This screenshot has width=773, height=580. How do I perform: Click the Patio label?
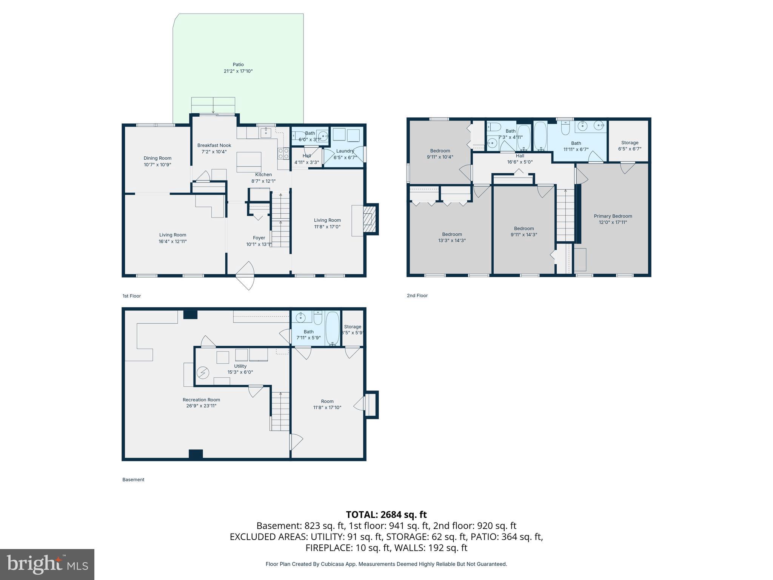238,65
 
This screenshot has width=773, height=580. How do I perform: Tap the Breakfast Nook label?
214,145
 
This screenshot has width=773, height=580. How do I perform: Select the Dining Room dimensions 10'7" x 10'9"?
157,165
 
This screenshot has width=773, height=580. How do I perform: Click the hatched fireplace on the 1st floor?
370,219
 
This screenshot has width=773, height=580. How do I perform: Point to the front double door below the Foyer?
245,276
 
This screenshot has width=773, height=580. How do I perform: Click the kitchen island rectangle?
249,162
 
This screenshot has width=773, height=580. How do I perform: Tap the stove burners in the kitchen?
283,153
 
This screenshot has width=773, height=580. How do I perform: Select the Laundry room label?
345,151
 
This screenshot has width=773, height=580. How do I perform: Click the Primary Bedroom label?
613,216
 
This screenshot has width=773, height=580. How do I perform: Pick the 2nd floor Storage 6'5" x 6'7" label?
630,143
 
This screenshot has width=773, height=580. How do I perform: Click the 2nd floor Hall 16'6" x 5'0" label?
520,156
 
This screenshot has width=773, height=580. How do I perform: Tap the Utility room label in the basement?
240,366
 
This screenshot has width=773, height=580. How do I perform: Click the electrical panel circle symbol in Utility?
203,373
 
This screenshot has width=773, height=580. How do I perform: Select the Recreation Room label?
201,400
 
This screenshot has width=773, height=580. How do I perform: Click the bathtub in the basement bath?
333,329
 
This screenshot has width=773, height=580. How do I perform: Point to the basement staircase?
280,412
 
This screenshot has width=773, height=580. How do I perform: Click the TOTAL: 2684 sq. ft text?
386,515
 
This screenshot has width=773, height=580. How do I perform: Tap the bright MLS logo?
47,564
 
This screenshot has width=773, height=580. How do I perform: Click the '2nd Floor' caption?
417,296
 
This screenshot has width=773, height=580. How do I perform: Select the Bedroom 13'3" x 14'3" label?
452,234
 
